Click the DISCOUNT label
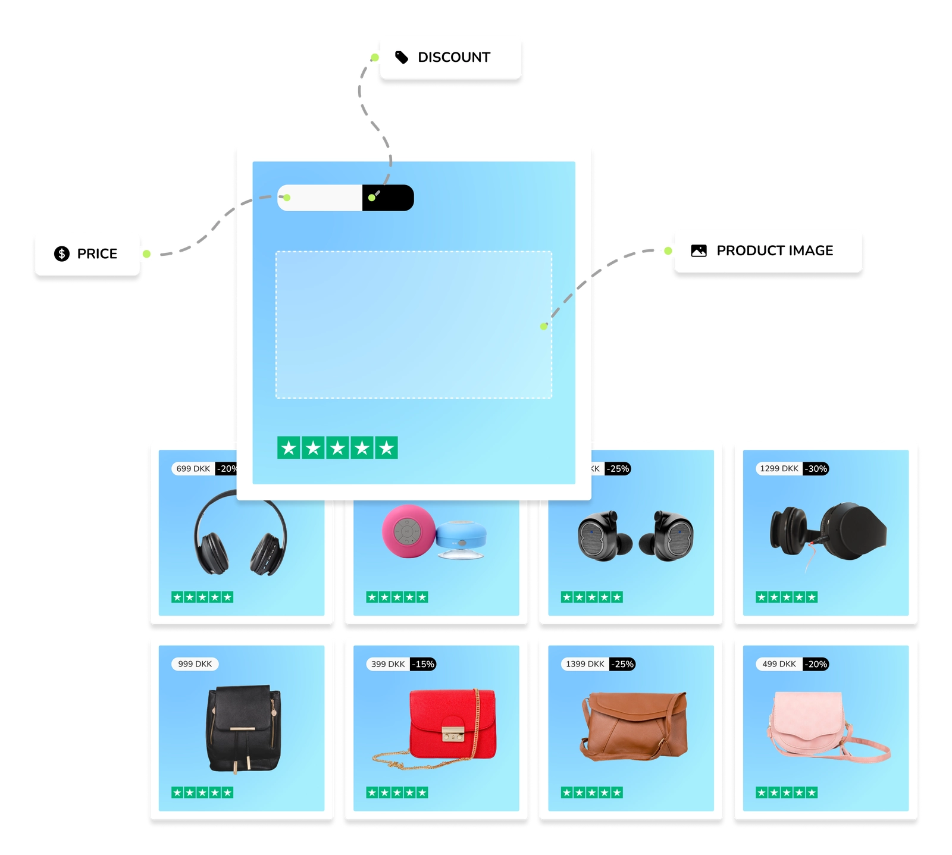(x=453, y=57)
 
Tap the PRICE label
(x=97, y=253)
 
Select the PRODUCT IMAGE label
(x=774, y=250)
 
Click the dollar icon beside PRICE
(x=62, y=253)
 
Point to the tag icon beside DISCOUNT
(x=402, y=57)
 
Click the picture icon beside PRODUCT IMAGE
(x=699, y=250)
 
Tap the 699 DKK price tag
(x=193, y=469)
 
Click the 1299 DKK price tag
(x=779, y=469)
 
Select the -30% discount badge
(x=816, y=469)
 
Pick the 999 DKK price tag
(x=195, y=664)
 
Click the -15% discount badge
(x=424, y=664)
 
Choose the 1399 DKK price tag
(x=585, y=664)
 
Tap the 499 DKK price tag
(x=779, y=664)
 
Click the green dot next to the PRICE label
(x=146, y=254)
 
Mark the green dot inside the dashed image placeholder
(x=543, y=327)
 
